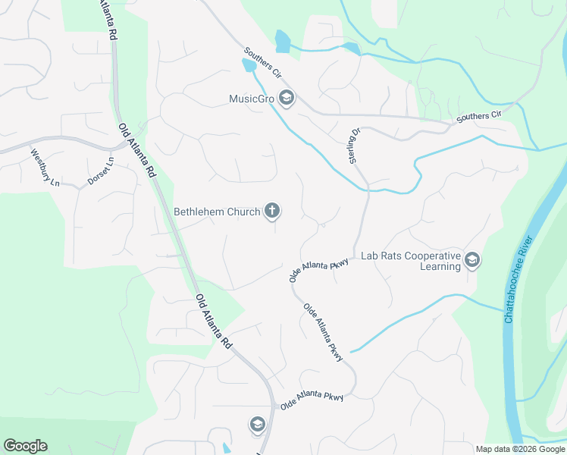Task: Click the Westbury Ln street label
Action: coord(45,167)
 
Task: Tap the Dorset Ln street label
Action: coord(100,171)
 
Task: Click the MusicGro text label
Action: coord(252,98)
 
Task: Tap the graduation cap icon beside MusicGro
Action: coord(287,98)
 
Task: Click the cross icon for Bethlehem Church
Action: coord(272,212)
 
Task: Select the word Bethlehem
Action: coord(200,212)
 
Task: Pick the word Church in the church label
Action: coord(243,212)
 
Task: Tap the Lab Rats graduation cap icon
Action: coord(472,261)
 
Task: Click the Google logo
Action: coord(25,446)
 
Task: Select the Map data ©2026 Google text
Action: coord(519,449)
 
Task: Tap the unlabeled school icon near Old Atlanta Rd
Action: coord(257,425)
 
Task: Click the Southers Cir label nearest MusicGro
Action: coord(262,64)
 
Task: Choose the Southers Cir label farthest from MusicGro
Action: coord(480,117)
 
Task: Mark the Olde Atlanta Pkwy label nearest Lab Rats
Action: coord(319,269)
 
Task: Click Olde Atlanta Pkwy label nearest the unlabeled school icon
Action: coord(312,401)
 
